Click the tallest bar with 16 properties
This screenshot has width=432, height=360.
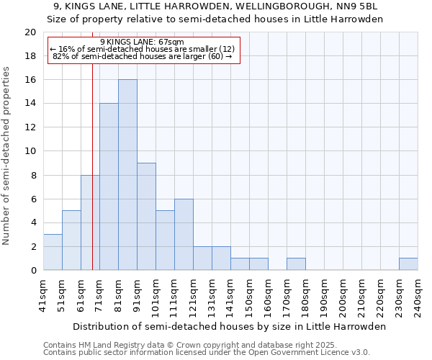tap(127, 175)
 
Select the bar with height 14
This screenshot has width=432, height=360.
tap(109, 187)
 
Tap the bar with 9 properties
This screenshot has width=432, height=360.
tap(146, 217)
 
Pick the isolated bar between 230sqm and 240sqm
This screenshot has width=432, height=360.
tap(408, 264)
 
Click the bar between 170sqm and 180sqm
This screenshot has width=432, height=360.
tap(296, 264)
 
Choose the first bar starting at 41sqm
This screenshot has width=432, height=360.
tap(53, 252)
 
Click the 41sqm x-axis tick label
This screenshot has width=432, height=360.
tap(44, 295)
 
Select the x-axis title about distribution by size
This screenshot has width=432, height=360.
tap(230, 326)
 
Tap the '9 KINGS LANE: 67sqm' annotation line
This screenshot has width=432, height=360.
tap(142, 42)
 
